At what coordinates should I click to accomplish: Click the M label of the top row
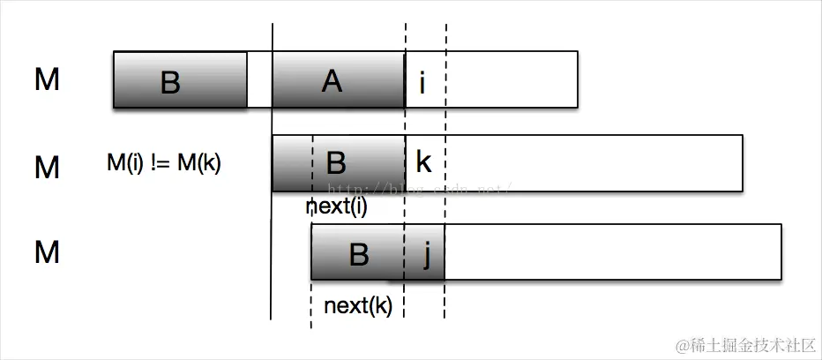(x=47, y=80)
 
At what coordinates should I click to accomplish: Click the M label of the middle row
(x=47, y=166)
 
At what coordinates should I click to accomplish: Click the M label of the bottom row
(x=47, y=252)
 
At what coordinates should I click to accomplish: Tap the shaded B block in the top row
(x=180, y=80)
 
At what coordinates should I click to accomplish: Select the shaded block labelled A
(x=338, y=80)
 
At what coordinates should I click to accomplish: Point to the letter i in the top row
(x=422, y=82)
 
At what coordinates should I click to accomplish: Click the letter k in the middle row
(x=423, y=162)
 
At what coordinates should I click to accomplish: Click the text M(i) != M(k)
(x=163, y=162)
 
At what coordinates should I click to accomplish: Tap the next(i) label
(x=336, y=207)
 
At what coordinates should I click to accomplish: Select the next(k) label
(x=358, y=306)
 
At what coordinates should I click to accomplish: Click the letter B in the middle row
(x=336, y=162)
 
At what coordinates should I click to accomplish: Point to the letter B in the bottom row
(x=358, y=253)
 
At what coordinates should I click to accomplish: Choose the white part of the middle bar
(x=591, y=162)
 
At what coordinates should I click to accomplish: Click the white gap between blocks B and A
(x=259, y=80)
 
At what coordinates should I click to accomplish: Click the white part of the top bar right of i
(x=512, y=80)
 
